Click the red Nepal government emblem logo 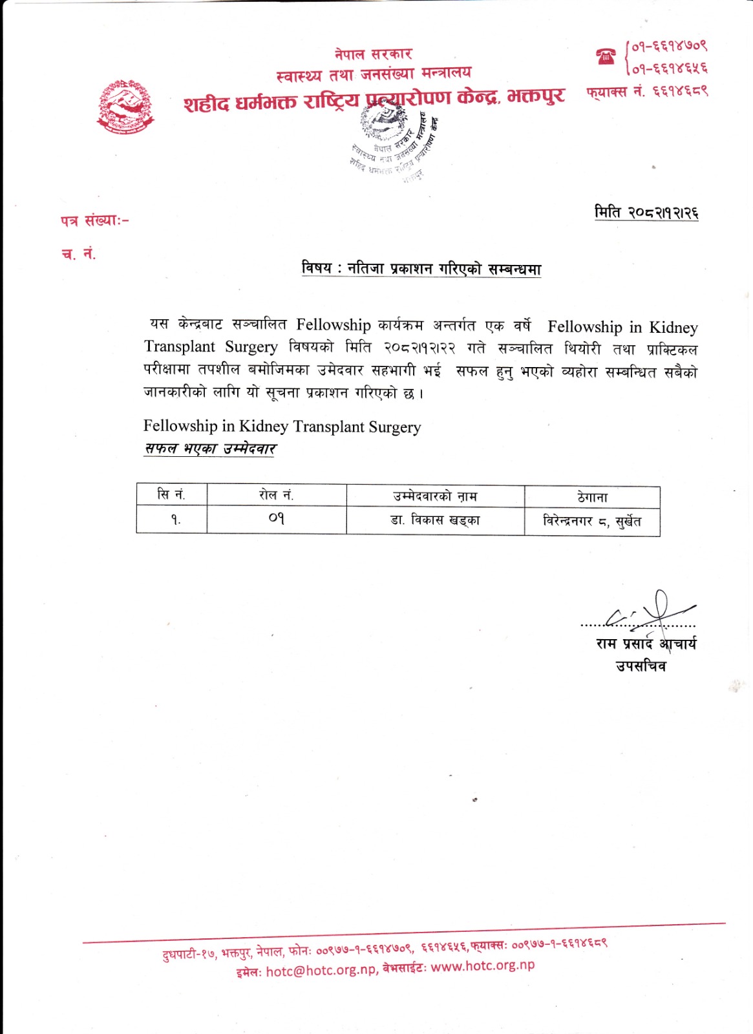coord(126,107)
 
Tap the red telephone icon coord(606,56)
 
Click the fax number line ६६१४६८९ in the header coord(647,92)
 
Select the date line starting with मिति coord(646,213)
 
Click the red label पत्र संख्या coord(94,220)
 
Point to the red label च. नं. coord(79,254)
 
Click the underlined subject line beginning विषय coord(421,268)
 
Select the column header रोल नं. coord(276,496)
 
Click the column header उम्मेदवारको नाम coord(435,496)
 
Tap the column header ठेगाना coord(592,497)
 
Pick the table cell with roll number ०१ coord(276,519)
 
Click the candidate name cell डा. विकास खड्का coord(435,520)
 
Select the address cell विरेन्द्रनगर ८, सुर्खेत coord(592,521)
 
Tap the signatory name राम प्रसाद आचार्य coord(646,644)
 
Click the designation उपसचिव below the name coord(640,666)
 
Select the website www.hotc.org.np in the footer coord(483,966)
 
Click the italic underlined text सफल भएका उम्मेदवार coord(210,448)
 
